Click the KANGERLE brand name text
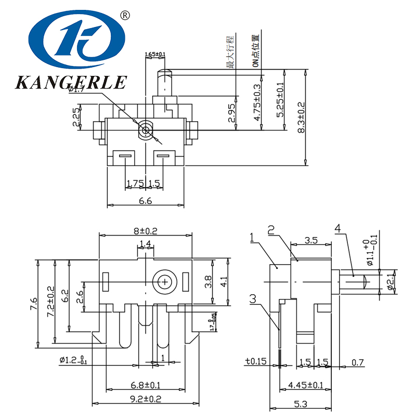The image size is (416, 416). coord(71,82)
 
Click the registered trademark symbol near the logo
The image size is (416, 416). coord(125,15)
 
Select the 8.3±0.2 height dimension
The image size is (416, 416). coord(301,119)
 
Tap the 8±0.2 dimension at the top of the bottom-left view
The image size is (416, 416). coord(146,230)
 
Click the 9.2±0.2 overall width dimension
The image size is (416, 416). coord(146,399)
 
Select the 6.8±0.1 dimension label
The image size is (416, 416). coord(146,385)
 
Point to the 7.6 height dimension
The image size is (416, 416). coord(32,302)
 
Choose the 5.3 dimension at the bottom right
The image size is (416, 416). coord(300,404)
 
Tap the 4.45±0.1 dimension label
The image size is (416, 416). coord(305,385)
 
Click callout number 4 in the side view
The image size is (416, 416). coord(338,228)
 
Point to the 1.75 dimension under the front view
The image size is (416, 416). coord(135,183)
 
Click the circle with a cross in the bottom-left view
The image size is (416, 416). coord(165,282)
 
